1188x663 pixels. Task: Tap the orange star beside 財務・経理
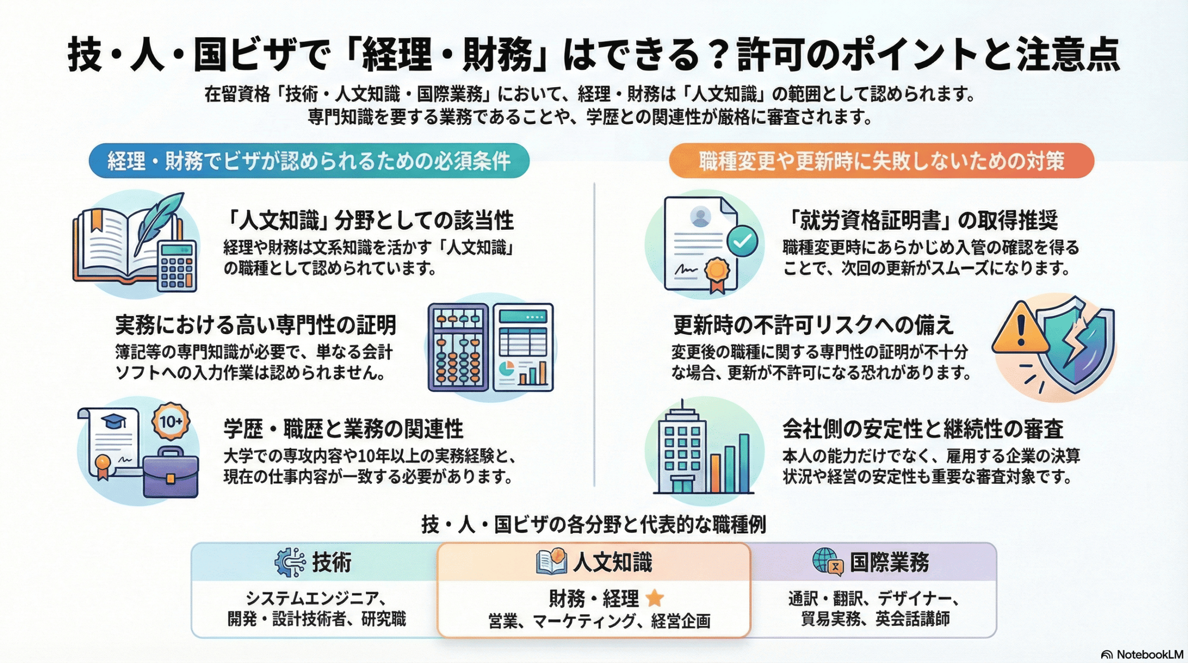click(654, 598)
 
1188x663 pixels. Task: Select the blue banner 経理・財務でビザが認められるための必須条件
click(309, 161)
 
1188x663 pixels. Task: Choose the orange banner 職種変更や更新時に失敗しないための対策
click(881, 161)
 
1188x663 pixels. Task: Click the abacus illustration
click(458, 348)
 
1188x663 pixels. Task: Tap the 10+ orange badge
click(171, 421)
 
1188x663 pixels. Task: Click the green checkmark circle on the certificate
click(742, 241)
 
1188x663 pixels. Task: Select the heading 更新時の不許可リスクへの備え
click(813, 325)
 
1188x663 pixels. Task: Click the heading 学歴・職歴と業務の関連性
click(343, 429)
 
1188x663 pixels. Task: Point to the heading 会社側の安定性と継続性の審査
click(923, 429)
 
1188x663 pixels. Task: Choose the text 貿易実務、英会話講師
click(875, 619)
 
